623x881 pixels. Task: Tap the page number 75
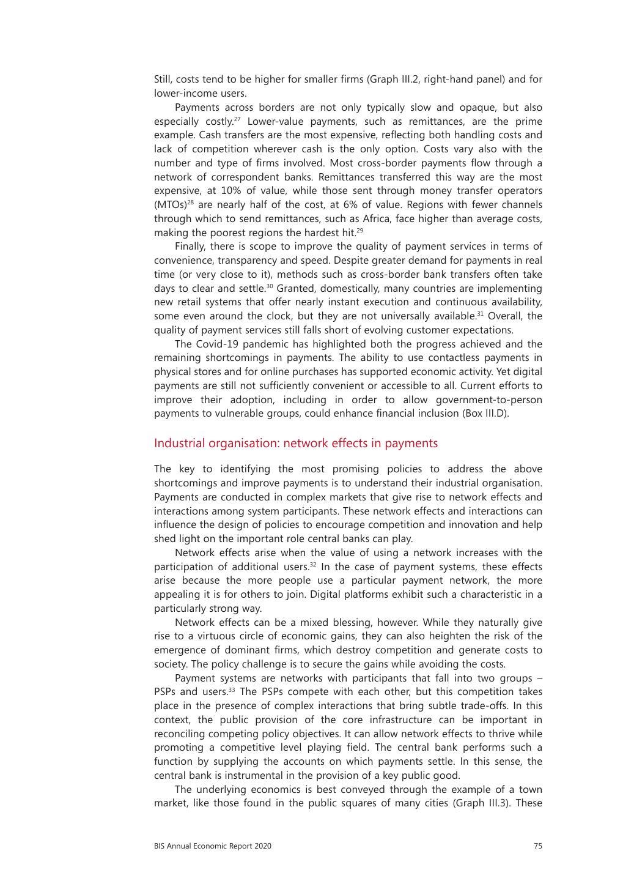(x=537, y=846)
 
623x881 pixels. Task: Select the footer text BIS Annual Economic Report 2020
(x=213, y=846)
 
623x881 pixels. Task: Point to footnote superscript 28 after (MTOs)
(x=190, y=202)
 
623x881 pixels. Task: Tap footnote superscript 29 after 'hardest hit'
(x=360, y=230)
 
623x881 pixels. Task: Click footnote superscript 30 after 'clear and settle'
(x=269, y=286)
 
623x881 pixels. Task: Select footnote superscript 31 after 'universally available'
(x=481, y=313)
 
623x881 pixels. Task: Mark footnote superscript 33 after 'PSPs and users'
(x=232, y=690)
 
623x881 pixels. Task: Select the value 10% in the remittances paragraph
(x=227, y=191)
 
